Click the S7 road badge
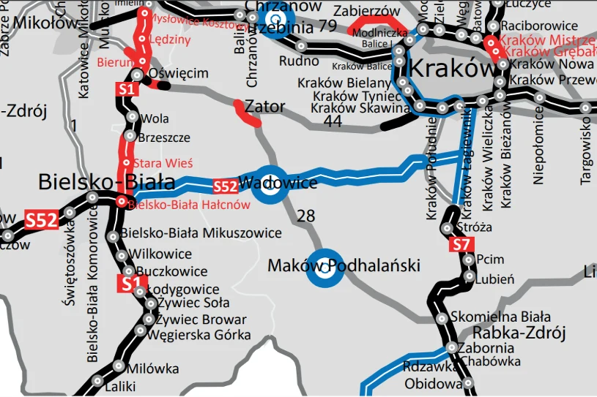coord(460,246)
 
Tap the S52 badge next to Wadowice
coord(226,187)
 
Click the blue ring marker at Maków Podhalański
coord(324,267)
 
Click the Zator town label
coord(265,107)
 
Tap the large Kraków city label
coord(452,69)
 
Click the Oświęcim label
coord(179,74)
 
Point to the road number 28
coord(306,215)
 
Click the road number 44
coord(333,122)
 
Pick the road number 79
coord(328,27)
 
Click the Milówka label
coord(153,368)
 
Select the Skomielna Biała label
coord(502,317)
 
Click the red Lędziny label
coord(169,39)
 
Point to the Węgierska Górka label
coord(199,336)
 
